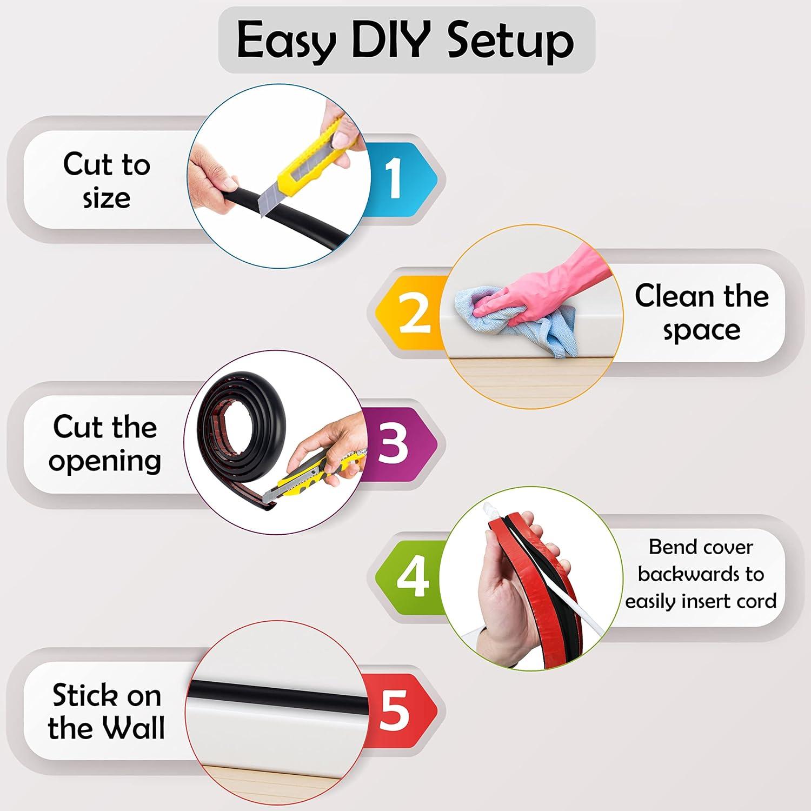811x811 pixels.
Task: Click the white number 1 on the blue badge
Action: (394, 178)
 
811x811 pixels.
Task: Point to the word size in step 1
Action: (107, 198)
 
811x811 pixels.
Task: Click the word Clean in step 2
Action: (674, 296)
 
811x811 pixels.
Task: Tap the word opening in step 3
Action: (105, 461)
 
